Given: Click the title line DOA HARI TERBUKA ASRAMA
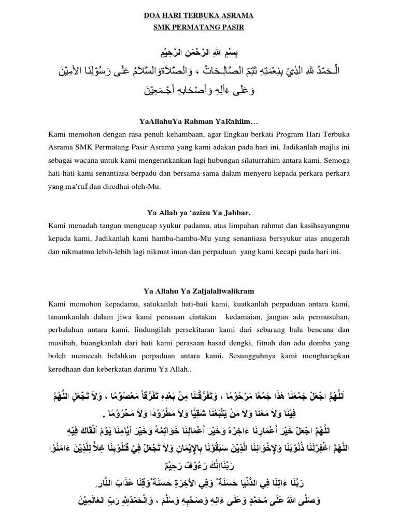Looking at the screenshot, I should (x=198, y=16).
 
